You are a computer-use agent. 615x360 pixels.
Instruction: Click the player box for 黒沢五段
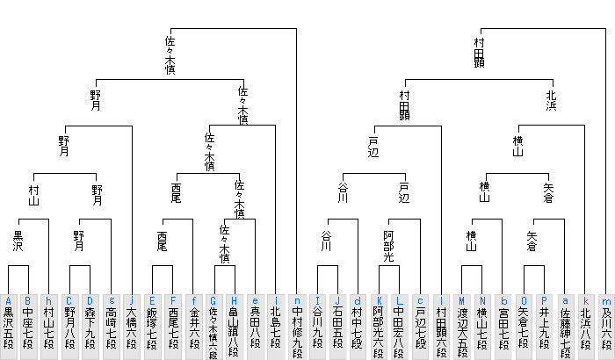point(8,327)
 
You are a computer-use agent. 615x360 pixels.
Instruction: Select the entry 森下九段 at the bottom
point(90,327)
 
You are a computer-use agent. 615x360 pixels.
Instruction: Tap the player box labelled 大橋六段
point(132,327)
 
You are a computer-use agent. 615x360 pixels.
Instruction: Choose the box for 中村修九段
point(297,327)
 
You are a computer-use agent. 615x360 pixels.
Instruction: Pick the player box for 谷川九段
point(317,327)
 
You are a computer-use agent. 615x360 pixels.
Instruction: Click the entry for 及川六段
point(606,327)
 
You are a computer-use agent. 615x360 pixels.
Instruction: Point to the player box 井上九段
point(544,327)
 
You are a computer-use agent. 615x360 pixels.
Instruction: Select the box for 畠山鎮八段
point(235,327)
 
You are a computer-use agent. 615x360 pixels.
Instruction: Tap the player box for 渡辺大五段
point(461,327)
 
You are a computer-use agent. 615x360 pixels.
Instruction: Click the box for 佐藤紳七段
point(565,327)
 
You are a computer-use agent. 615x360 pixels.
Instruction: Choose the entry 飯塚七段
point(152,327)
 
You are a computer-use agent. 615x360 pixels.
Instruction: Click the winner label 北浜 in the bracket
point(551,101)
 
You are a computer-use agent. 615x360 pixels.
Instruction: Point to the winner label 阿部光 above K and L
point(388,246)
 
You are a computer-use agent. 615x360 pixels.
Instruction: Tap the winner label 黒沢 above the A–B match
point(18,241)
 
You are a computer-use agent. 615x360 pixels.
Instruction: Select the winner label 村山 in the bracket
point(33,195)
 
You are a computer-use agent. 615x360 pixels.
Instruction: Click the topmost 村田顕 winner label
point(479,53)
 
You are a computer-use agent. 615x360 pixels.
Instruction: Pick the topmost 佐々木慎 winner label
point(170,55)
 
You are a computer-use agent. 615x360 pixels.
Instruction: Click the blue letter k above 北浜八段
point(586,301)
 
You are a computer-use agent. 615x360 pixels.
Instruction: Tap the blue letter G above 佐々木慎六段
point(213,301)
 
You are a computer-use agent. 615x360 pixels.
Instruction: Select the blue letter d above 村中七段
point(358,301)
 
